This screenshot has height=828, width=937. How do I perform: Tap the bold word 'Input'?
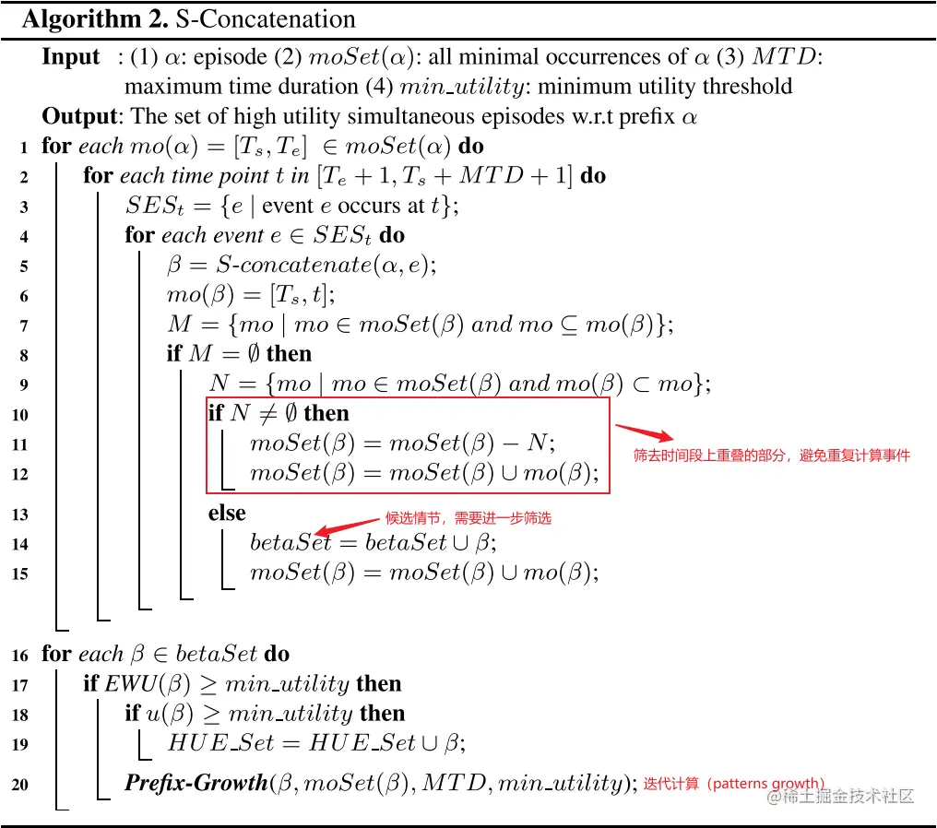pyautogui.click(x=71, y=57)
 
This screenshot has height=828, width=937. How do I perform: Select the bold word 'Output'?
pyautogui.click(x=79, y=116)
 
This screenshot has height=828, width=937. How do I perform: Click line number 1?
pyautogui.click(x=23, y=147)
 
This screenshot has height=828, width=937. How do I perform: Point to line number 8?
pyautogui.click(x=23, y=355)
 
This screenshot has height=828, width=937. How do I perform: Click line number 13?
pyautogui.click(x=20, y=515)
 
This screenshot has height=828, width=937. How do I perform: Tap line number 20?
pyautogui.click(x=20, y=785)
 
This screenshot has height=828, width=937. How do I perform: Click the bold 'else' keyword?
pyautogui.click(x=227, y=514)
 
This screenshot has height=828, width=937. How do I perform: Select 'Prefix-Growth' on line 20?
pyautogui.click(x=196, y=784)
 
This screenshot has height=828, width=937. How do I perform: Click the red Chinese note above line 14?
pyautogui.click(x=467, y=518)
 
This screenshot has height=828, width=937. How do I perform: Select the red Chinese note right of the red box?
pyautogui.click(x=771, y=455)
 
